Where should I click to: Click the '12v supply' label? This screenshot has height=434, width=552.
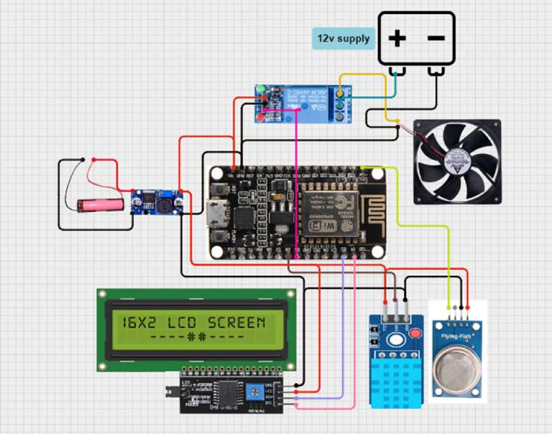[343, 38]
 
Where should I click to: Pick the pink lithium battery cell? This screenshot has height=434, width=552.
[103, 204]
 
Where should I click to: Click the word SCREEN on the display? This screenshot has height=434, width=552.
[236, 323]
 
